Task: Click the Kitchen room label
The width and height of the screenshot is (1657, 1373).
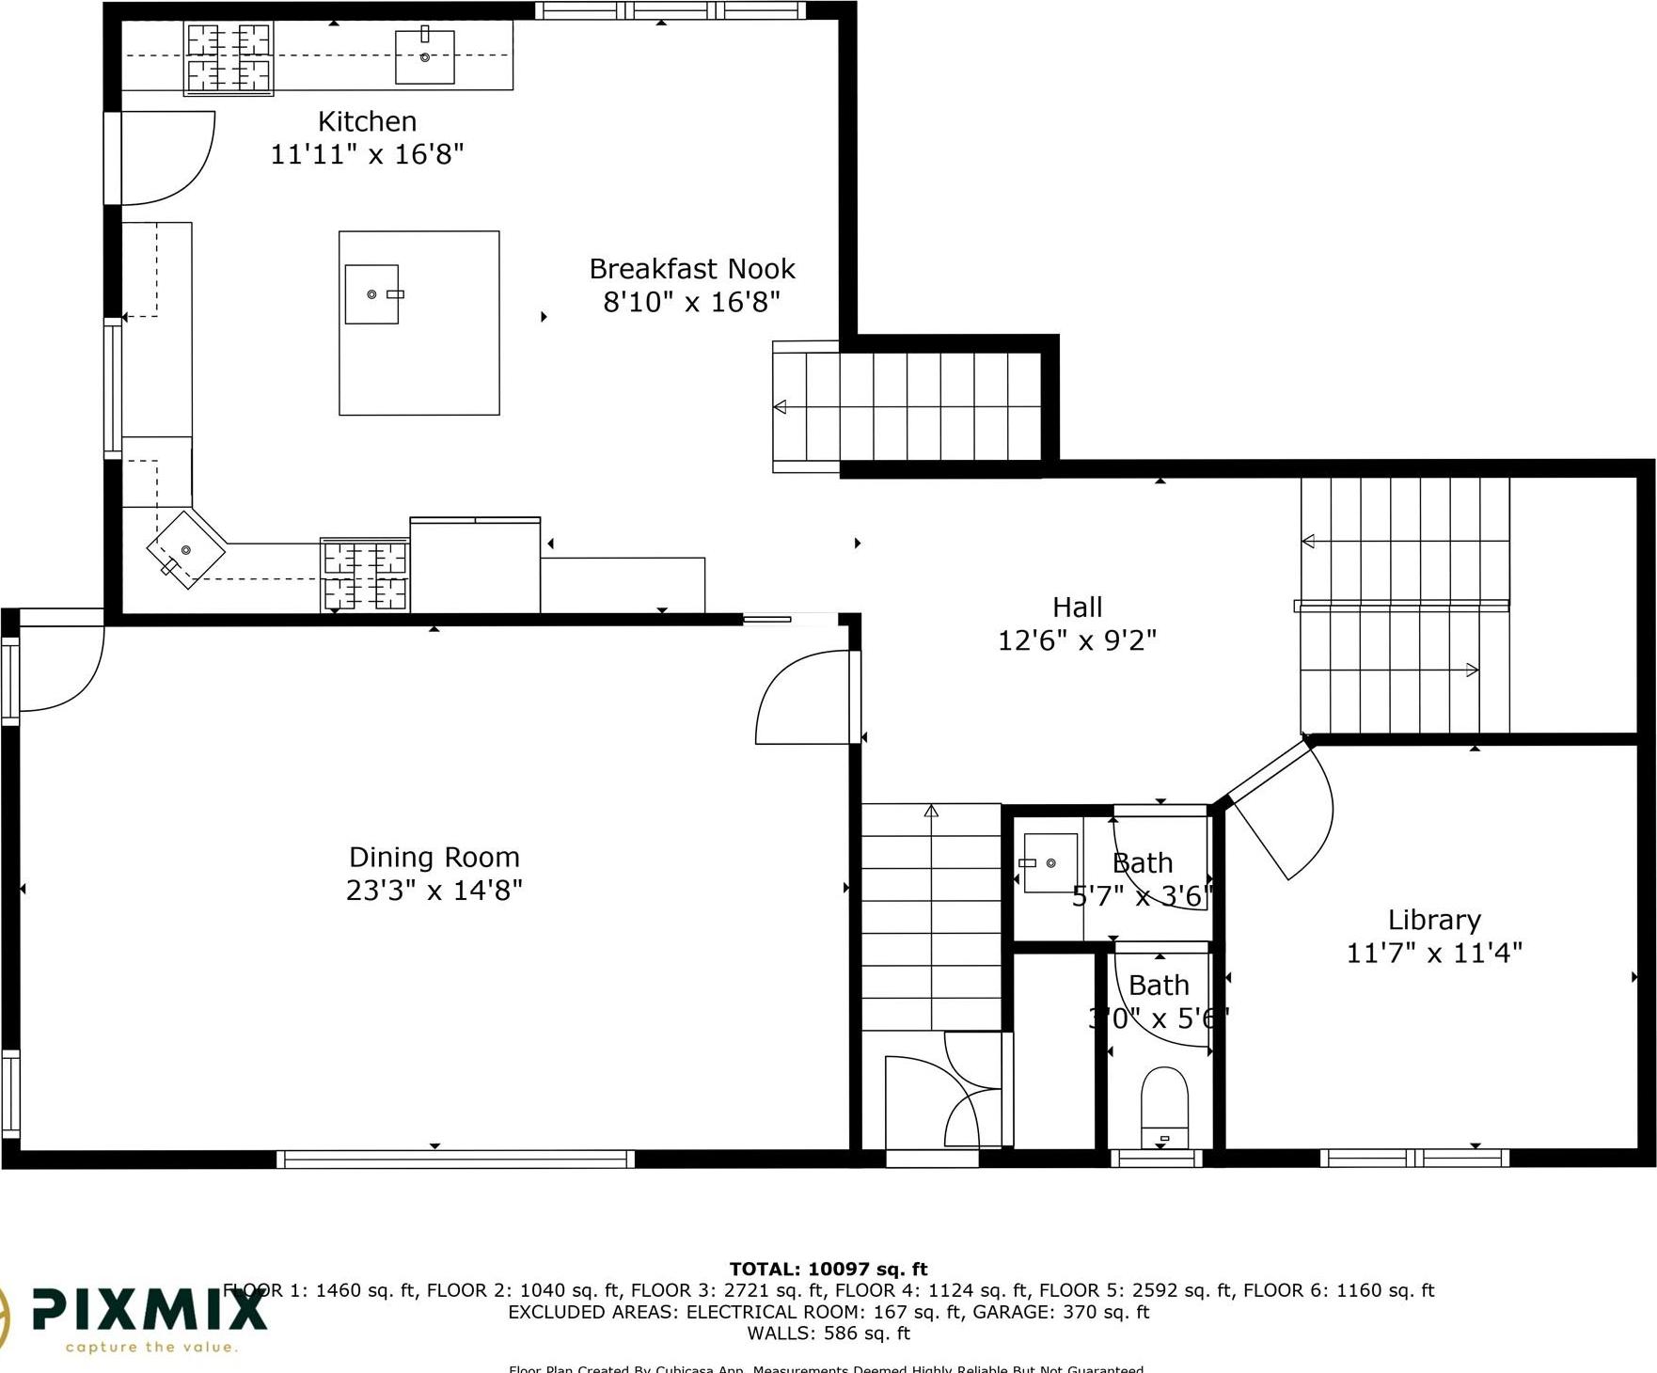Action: pyautogui.click(x=367, y=121)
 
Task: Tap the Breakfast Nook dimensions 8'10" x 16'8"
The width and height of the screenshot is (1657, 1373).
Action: pyautogui.click(x=691, y=302)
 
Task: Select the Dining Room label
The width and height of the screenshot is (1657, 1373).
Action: pyautogui.click(x=434, y=857)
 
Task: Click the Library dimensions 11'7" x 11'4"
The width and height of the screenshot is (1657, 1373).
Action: pyautogui.click(x=1433, y=953)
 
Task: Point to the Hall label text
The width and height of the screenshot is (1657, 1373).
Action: pyautogui.click(x=1077, y=607)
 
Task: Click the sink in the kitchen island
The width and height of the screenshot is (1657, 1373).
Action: pyautogui.click(x=371, y=294)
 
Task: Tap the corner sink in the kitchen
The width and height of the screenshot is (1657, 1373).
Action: pyautogui.click(x=185, y=549)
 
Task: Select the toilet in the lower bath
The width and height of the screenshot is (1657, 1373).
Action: pyautogui.click(x=1164, y=1105)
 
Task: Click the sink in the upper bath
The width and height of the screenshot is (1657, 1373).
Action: pyautogui.click(x=1049, y=862)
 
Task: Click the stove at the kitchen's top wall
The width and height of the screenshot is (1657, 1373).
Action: pyautogui.click(x=229, y=58)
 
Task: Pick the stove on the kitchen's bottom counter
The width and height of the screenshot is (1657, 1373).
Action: pyautogui.click(x=365, y=575)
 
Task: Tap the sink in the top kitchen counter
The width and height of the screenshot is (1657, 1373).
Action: pyautogui.click(x=424, y=56)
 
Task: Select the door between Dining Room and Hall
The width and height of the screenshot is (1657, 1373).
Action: pyautogui.click(x=804, y=696)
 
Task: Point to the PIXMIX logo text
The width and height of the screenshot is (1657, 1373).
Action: pyautogui.click(x=150, y=1309)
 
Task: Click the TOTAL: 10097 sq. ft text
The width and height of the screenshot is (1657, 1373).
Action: pyautogui.click(x=828, y=1269)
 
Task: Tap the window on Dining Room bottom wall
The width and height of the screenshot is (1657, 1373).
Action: pyautogui.click(x=455, y=1160)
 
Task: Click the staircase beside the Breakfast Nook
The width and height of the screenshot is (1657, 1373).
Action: pyautogui.click(x=907, y=406)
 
